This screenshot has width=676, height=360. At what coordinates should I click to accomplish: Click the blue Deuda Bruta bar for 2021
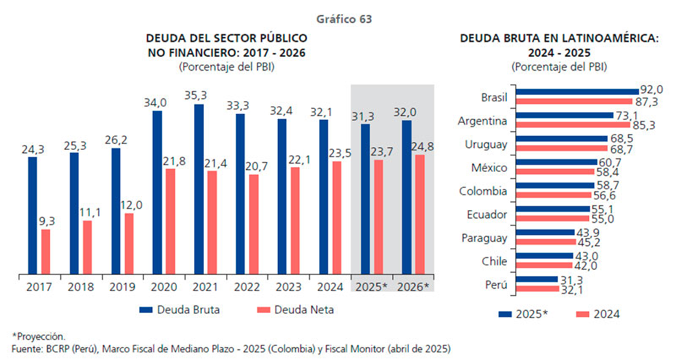coord(199,190)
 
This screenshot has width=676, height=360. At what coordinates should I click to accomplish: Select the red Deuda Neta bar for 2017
coord(46,252)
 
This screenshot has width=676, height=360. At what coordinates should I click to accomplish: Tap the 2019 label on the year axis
coord(122,287)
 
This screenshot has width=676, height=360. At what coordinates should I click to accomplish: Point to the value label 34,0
coord(155,102)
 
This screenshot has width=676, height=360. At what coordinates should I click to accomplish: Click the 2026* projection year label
coord(413,287)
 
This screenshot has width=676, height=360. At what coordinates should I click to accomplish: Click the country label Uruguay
coord(486,145)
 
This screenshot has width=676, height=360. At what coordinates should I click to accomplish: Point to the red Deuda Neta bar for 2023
coord(294,221)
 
